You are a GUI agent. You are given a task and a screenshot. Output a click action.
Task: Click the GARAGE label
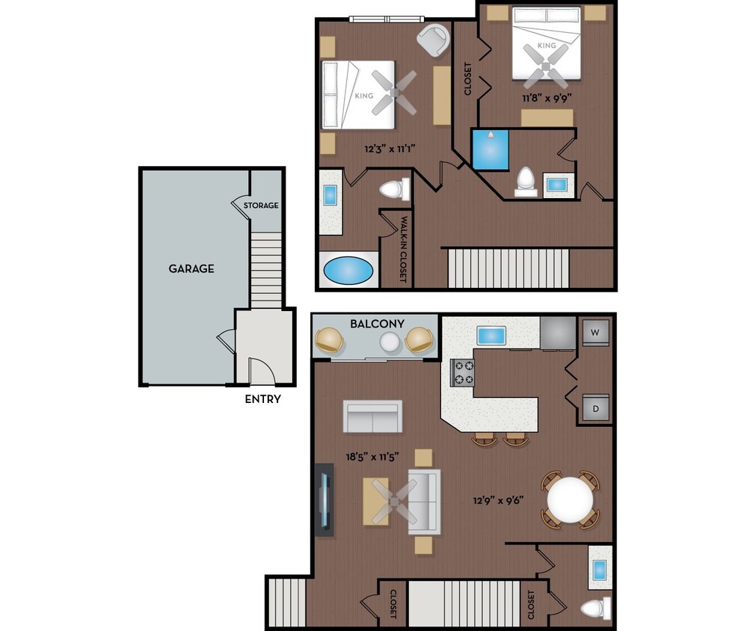click(x=191, y=268)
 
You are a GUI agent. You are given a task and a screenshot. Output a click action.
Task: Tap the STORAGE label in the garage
click(x=261, y=206)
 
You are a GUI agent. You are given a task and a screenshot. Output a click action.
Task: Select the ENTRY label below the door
click(x=262, y=399)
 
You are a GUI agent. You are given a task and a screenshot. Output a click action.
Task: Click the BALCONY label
click(x=377, y=324)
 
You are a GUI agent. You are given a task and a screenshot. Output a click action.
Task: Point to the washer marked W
click(x=595, y=333)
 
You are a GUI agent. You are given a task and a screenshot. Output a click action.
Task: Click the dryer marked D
click(x=595, y=409)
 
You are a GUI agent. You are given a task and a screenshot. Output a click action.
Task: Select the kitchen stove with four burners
click(x=462, y=372)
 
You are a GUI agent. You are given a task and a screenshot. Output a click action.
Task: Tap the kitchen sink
click(x=491, y=334)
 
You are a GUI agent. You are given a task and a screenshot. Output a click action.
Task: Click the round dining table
click(x=570, y=500)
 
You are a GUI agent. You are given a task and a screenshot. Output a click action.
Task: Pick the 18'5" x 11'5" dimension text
click(x=372, y=456)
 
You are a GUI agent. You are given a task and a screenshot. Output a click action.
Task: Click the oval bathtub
click(x=348, y=271)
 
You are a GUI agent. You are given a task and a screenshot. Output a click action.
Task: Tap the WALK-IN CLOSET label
click(x=403, y=249)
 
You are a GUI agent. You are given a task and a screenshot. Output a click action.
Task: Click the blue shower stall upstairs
click(x=490, y=150)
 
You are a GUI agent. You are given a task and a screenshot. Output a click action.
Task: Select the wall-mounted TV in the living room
click(x=324, y=499)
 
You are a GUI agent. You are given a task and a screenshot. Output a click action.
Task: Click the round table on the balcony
click(x=390, y=342)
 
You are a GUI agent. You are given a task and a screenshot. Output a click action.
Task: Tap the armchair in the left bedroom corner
click(x=433, y=40)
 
